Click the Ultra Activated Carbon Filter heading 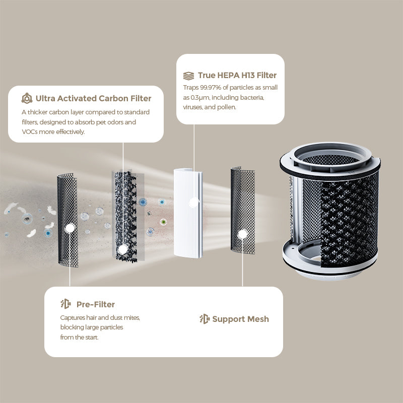(x=93, y=98)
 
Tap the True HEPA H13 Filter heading (x=237, y=75)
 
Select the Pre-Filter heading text (x=96, y=304)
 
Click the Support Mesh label (x=241, y=319)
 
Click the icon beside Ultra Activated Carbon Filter (x=27, y=98)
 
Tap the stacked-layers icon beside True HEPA (x=188, y=76)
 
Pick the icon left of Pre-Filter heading (x=66, y=304)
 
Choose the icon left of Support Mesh (x=205, y=319)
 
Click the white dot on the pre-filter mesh (x=70, y=228)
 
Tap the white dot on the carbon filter (x=123, y=249)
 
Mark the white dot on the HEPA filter (x=194, y=203)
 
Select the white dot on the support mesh (x=242, y=234)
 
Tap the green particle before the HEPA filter (x=163, y=222)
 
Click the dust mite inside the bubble (x=27, y=219)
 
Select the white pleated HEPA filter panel (x=188, y=213)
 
